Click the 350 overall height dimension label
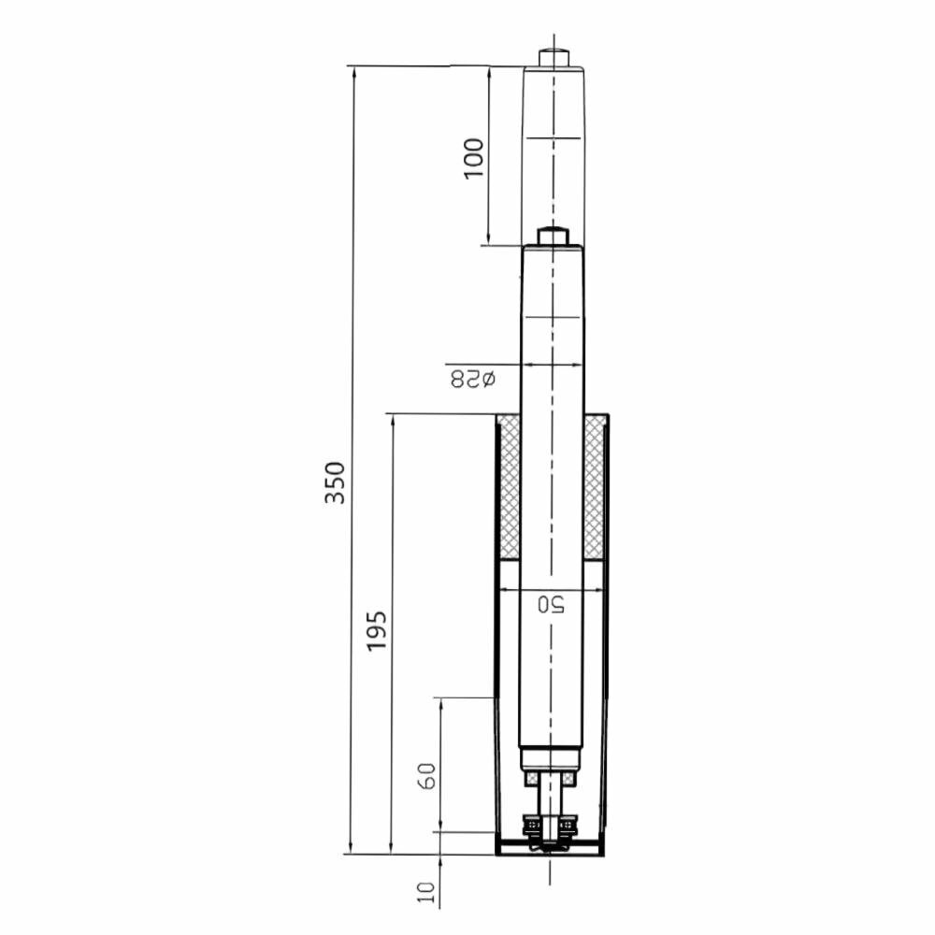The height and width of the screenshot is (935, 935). tap(335, 482)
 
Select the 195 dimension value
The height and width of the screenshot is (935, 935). tap(376, 631)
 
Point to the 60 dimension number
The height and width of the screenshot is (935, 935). tap(426, 776)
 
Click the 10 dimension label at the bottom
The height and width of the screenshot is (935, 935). tap(426, 892)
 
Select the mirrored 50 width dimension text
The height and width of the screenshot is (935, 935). tap(552, 604)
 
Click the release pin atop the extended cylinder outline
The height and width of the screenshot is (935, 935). tap(554, 57)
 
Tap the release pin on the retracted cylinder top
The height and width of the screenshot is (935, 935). tap(553, 236)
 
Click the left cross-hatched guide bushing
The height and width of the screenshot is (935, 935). tap(509, 488)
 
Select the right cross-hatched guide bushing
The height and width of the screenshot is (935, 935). tap(594, 488)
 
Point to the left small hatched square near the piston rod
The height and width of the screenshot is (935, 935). tap(532, 778)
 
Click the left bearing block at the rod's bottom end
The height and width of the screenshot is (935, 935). tap(534, 826)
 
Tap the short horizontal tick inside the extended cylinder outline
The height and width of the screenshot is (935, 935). tap(553, 138)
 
